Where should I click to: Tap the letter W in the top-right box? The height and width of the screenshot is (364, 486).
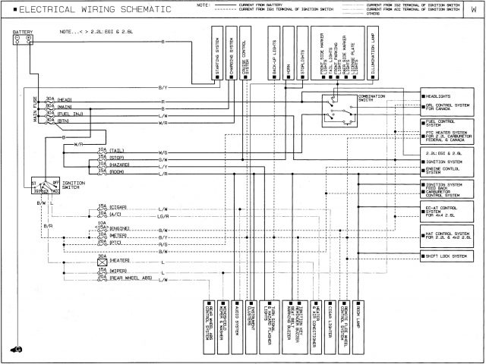pos(473,10)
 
